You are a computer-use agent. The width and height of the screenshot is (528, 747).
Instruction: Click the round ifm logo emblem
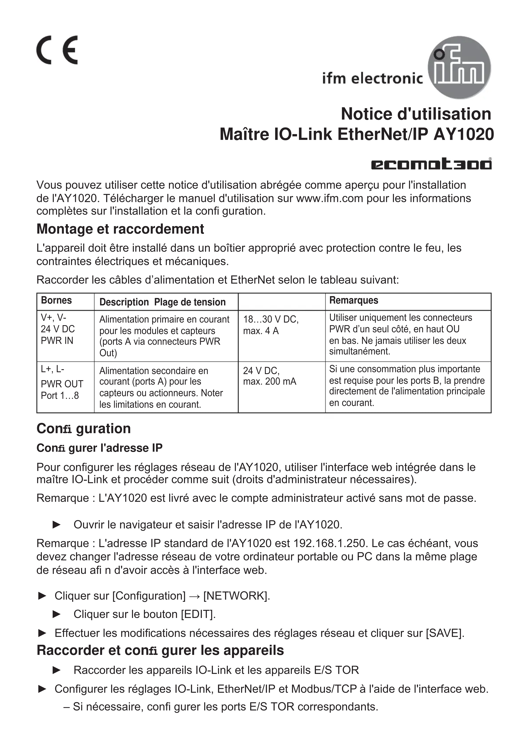pos(459,67)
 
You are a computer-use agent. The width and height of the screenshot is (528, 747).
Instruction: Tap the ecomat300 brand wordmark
pos(431,164)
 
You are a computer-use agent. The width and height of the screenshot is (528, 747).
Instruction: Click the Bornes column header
pos(56,300)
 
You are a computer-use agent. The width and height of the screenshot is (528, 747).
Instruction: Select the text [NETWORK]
pos(237,596)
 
